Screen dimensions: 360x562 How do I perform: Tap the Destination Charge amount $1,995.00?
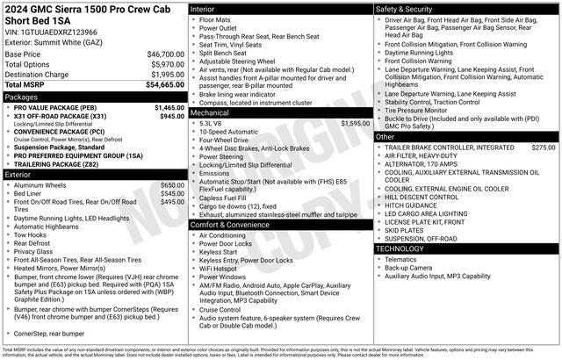[164, 75]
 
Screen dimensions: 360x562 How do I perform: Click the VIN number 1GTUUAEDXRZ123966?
[55, 32]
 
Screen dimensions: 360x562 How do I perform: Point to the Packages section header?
[22, 97]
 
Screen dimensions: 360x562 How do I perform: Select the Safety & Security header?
[408, 8]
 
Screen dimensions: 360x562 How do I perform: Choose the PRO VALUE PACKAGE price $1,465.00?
[169, 107]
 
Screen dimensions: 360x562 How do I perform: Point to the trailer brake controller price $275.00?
[544, 148]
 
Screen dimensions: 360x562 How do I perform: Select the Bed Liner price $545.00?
[172, 193]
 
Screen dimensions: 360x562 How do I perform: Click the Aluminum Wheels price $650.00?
[172, 185]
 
